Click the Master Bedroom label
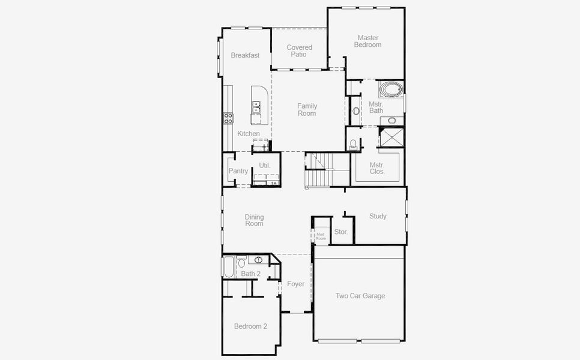[367, 41]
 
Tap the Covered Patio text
[299, 51]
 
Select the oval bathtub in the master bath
[391, 91]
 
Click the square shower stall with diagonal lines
[392, 137]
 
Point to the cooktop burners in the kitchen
[228, 118]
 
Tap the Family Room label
[307, 110]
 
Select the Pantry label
[238, 171]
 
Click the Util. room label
[265, 165]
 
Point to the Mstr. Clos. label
[377, 168]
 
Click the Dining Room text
[254, 220]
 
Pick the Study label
[378, 216]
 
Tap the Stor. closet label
[340, 232]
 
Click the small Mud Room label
[321, 236]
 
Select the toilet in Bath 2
[241, 262]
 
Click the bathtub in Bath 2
[229, 267]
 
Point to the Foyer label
[295, 284]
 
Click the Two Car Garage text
[360, 296]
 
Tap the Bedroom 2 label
[250, 326]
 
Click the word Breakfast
[245, 55]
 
